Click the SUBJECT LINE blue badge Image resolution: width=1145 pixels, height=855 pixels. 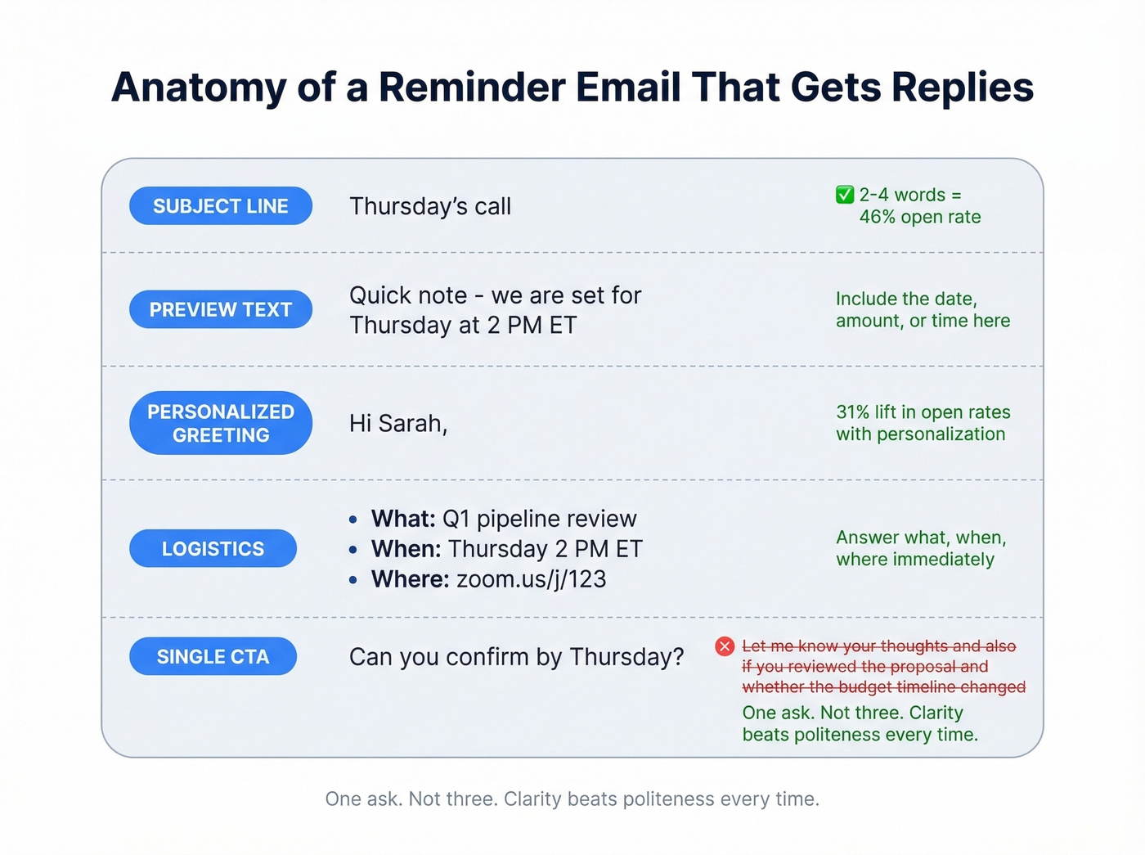click(x=221, y=206)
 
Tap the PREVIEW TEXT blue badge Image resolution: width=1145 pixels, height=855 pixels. click(x=221, y=310)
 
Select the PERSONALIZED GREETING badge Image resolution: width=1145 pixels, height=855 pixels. click(x=221, y=423)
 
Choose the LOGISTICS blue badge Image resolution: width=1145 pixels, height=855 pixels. click(x=213, y=549)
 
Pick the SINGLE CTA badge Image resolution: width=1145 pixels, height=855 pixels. click(x=213, y=657)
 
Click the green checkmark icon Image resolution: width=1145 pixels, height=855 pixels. click(x=845, y=195)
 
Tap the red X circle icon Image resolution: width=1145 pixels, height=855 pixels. click(x=725, y=646)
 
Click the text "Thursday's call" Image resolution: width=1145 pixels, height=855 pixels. click(x=430, y=206)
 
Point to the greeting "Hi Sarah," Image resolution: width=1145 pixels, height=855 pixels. click(x=398, y=424)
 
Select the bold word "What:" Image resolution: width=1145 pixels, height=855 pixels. click(x=403, y=519)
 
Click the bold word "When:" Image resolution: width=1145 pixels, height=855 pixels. click(x=406, y=549)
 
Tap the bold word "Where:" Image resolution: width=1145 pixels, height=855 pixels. click(x=410, y=579)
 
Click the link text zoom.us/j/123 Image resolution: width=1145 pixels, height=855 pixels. click(x=532, y=579)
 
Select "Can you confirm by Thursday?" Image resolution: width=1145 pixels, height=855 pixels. click(x=516, y=657)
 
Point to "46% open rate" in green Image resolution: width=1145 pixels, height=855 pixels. click(x=919, y=217)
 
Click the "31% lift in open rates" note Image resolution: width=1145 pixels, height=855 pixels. click(x=923, y=412)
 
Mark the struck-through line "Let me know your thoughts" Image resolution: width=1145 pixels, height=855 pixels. click(x=878, y=646)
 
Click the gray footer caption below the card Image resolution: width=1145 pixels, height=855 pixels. click(x=572, y=799)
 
